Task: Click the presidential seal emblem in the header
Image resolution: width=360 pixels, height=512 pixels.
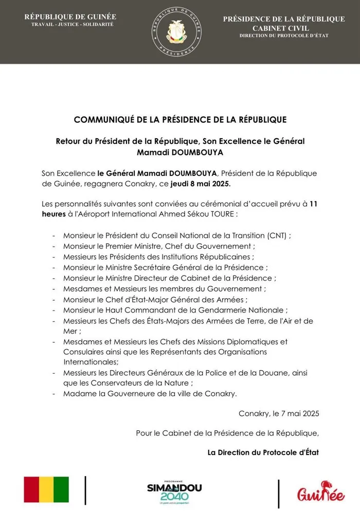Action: [x=179, y=32]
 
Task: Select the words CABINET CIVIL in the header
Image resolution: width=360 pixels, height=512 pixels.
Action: [x=284, y=27]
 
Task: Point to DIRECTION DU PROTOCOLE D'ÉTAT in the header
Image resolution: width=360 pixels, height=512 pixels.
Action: [x=284, y=35]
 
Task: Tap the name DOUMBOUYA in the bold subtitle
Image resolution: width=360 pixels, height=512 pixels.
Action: [x=209, y=153]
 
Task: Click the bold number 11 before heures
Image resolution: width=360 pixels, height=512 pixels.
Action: [x=312, y=204]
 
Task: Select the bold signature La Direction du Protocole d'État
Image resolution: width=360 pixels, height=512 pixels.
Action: [x=263, y=453]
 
